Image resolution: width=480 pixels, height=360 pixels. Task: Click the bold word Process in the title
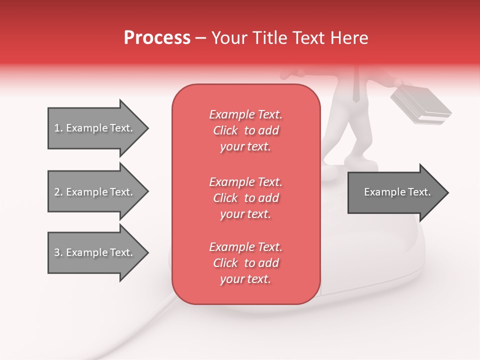(x=157, y=38)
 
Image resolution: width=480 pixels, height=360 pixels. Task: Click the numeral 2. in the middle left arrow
(x=58, y=192)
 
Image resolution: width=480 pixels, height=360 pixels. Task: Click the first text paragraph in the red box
(x=245, y=130)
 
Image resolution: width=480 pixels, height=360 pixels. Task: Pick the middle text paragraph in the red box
(x=245, y=198)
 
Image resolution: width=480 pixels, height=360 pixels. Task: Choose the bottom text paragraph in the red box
(x=245, y=263)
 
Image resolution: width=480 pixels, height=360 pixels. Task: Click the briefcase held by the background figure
(x=420, y=105)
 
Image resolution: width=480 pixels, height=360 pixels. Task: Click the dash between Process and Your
(x=201, y=38)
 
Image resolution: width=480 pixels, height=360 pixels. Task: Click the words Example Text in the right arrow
(x=397, y=192)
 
